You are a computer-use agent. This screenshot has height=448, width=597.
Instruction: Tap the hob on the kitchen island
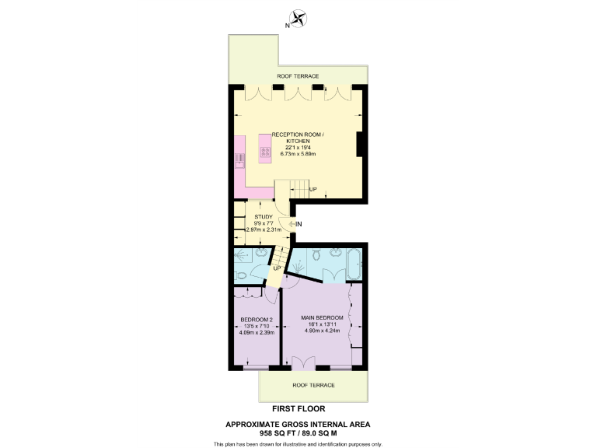tap(264, 152)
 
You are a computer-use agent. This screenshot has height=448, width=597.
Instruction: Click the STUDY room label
tap(264, 217)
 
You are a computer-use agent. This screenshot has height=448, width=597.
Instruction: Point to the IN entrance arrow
tap(298, 224)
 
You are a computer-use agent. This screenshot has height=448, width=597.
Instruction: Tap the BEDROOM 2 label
tap(256, 320)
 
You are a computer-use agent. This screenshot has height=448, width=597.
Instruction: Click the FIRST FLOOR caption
tap(298, 408)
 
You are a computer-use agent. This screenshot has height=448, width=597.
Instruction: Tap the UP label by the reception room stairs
tap(313, 190)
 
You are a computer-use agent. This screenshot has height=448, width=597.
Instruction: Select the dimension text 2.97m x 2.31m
tap(264, 230)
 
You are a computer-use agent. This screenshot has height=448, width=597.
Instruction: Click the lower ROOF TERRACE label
tap(313, 385)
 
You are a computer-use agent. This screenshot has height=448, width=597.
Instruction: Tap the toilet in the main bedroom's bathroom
tap(316, 255)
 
